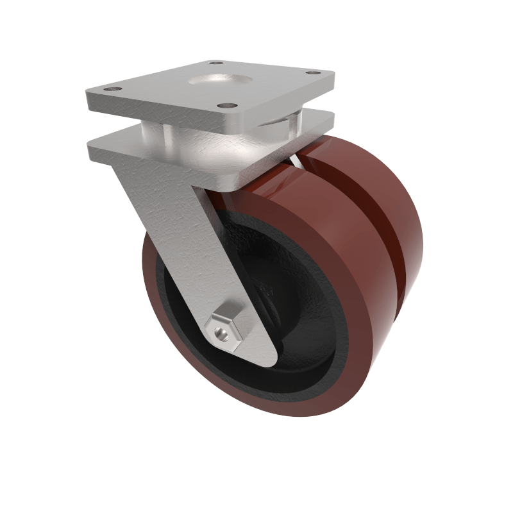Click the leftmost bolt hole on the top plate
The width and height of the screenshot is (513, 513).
pos(114,89)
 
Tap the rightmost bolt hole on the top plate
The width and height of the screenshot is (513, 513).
pos(314,73)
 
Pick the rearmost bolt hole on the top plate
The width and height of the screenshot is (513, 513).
pos(216,63)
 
